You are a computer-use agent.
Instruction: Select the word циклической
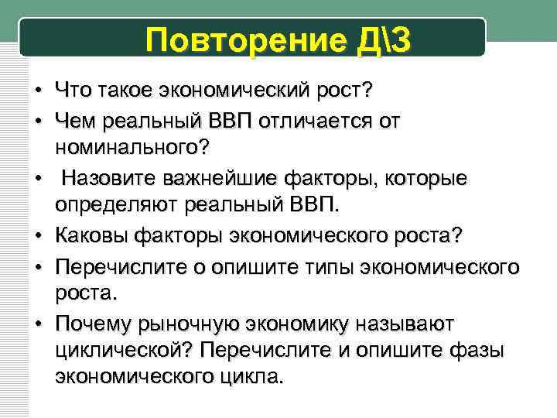125,349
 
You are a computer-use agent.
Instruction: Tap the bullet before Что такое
36,92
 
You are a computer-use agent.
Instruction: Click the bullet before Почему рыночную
36,322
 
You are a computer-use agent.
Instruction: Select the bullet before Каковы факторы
36,234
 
